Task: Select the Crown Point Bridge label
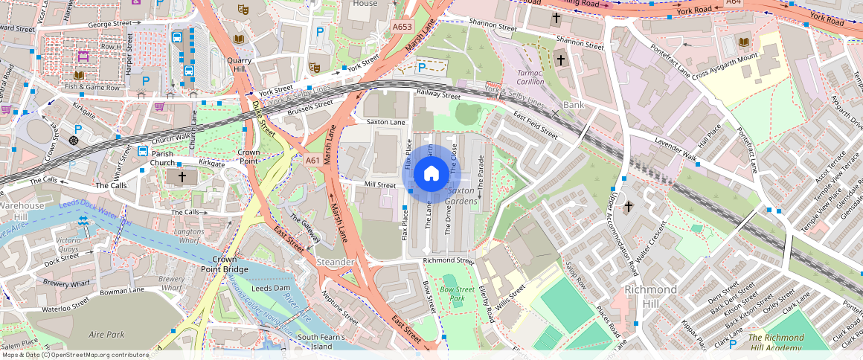[x=224, y=264]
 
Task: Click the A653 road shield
[x=402, y=27]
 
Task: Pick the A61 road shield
[x=312, y=160]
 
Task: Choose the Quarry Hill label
[x=240, y=65]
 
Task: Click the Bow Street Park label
[x=458, y=293]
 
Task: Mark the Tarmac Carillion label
[x=531, y=77]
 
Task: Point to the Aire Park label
[x=106, y=335]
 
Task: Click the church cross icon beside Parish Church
[x=181, y=177]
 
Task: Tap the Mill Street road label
[x=380, y=184]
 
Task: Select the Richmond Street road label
[x=448, y=261]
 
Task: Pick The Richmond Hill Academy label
[x=775, y=343]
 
